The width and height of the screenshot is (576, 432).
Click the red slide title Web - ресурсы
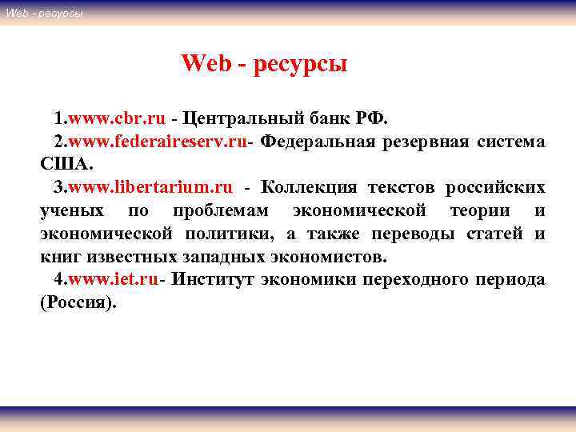click(x=264, y=63)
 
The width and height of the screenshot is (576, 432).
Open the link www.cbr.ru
click(x=117, y=119)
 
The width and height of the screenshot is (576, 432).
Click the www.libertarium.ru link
click(x=150, y=188)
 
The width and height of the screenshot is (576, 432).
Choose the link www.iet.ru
click(x=114, y=280)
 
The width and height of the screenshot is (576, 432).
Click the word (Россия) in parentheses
click(x=78, y=303)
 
